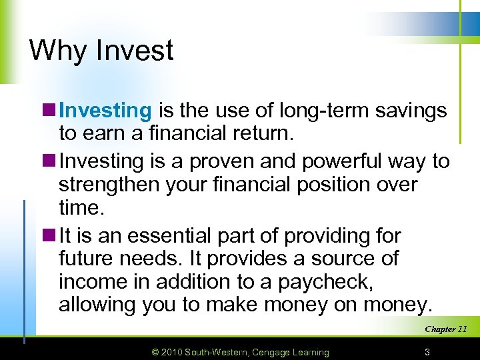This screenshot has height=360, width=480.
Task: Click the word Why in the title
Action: point(57,51)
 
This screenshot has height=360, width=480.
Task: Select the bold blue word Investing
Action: point(106,110)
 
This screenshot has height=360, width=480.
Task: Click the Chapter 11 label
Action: point(445,329)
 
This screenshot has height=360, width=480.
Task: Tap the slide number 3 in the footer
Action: point(426,351)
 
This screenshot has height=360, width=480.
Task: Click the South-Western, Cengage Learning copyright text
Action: point(257,351)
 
